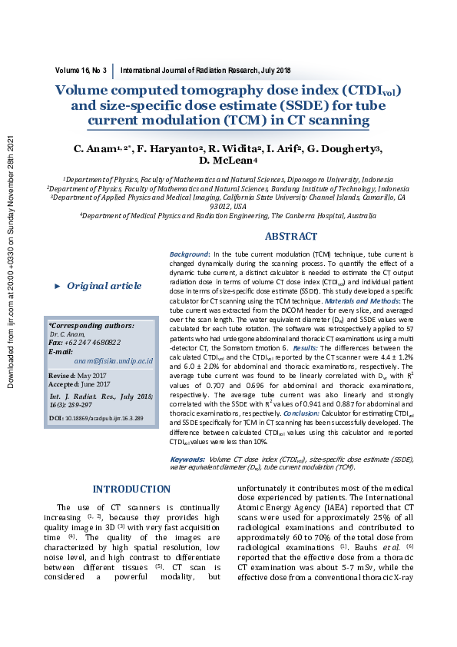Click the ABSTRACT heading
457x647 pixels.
click(x=291, y=237)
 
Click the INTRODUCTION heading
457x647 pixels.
click(x=131, y=489)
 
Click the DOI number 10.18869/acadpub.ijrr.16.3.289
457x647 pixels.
click(x=108, y=418)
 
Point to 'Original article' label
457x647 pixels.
click(x=104, y=286)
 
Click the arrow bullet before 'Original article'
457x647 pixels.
click(x=58, y=286)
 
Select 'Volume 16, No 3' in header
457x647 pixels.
click(x=81, y=70)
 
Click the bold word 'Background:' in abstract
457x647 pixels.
click(x=190, y=254)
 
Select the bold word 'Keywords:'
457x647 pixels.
click(x=187, y=459)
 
